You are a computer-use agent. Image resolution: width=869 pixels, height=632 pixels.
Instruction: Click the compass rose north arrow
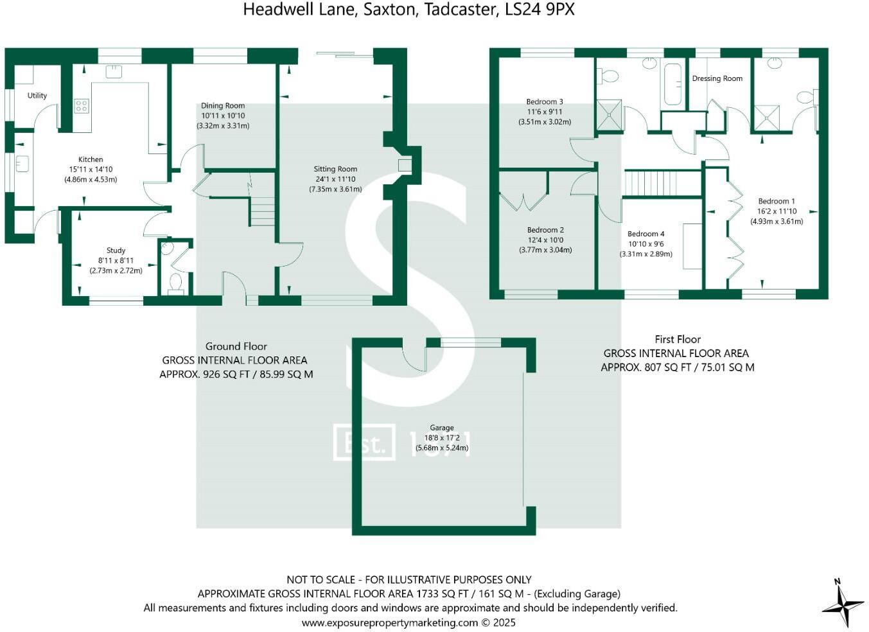point(843,603)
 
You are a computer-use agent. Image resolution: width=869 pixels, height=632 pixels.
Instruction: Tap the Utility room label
point(37,96)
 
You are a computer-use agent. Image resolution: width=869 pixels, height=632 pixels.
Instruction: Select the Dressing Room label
point(717,78)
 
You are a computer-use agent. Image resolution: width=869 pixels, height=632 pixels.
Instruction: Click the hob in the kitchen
point(82,106)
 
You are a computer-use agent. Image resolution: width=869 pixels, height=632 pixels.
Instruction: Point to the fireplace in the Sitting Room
point(405,166)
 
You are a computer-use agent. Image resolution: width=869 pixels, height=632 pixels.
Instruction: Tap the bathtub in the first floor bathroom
point(672,83)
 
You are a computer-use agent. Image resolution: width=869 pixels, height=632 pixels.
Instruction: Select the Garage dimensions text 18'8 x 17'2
point(442,437)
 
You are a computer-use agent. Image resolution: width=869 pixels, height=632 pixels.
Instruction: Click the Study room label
point(116,250)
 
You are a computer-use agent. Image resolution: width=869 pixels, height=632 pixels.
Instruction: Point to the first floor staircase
point(662,182)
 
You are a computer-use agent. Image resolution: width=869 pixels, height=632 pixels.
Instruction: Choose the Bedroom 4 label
point(645,234)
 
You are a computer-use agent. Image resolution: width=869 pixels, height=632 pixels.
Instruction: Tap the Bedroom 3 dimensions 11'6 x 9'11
point(544,112)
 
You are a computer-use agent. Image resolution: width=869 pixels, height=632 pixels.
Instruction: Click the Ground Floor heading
point(236,346)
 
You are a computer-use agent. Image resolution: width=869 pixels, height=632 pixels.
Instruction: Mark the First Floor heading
point(678,339)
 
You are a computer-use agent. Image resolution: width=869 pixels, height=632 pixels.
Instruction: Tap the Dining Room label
point(223,106)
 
